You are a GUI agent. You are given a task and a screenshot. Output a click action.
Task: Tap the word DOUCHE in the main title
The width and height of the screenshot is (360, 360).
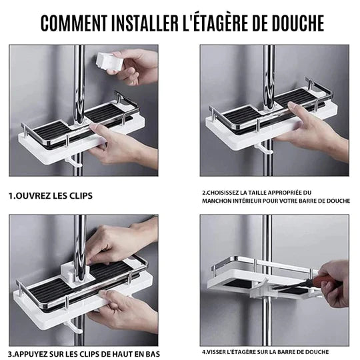coord(292,23)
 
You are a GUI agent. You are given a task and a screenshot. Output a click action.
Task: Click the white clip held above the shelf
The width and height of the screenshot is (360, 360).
coord(109,59)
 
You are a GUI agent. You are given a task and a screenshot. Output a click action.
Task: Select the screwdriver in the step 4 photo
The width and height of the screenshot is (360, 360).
coord(313,284)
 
